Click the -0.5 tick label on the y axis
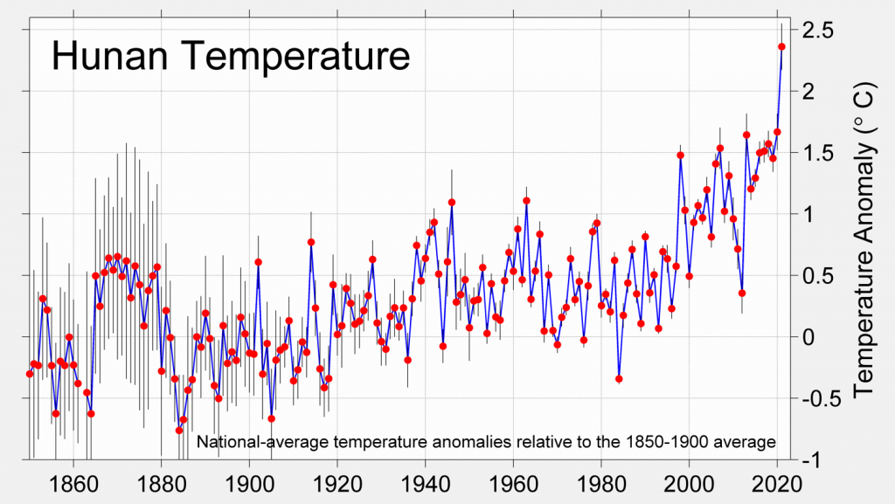[x=819, y=398]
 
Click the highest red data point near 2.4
[x=781, y=46]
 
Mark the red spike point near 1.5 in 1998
[x=680, y=155]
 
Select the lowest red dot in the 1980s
[x=619, y=379]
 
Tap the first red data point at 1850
[x=29, y=374]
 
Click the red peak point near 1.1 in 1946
[x=452, y=203]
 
